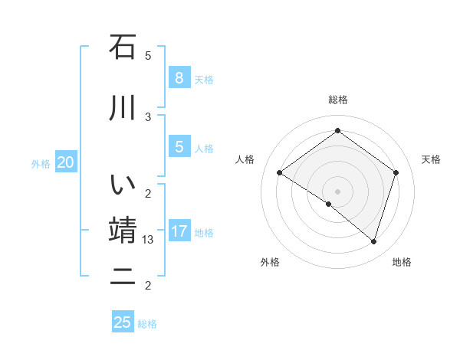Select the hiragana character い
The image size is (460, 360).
tap(123, 185)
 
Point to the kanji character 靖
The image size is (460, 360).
tap(123, 231)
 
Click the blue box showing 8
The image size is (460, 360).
tap(179, 78)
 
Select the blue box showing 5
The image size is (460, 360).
tap(179, 147)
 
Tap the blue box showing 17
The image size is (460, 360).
tap(179, 231)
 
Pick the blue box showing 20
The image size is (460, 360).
tap(66, 162)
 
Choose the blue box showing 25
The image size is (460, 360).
tap(123, 322)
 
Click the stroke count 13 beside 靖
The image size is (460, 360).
tap(149, 240)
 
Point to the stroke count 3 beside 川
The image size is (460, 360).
tap(148, 116)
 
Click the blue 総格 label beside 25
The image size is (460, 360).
tap(147, 324)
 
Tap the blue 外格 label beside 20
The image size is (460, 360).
tap(41, 163)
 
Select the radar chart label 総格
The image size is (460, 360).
tap(337, 100)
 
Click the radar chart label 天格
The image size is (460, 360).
tap(432, 159)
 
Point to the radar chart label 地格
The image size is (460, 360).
tap(402, 262)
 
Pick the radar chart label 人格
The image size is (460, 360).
tap(245, 159)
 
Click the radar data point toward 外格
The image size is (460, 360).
tap(329, 204)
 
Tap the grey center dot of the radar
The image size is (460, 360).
tap(337, 191)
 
